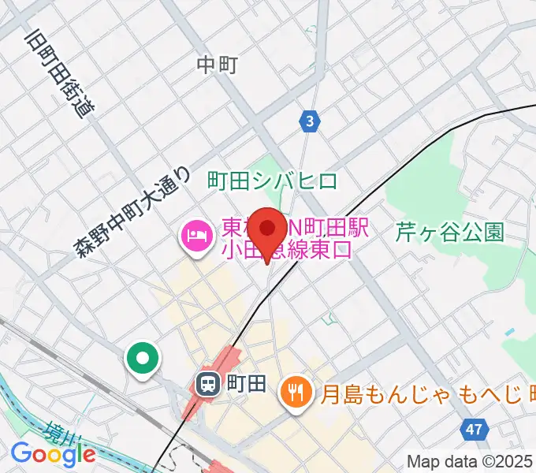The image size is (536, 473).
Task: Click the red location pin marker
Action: pos(268,229)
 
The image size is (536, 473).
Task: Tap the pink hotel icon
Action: pos(195,235)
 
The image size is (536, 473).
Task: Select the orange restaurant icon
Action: pos(296,392)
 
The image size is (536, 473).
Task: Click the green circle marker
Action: pos(143,359)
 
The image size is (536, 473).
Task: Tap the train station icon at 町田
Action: pos(207,384)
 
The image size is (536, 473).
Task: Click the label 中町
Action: pos(217,65)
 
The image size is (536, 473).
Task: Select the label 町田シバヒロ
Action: pos(272,181)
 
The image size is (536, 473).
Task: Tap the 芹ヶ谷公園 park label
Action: pos(449,231)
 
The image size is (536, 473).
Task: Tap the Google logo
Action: pos(53,453)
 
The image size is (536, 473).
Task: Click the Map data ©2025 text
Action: pos(471,462)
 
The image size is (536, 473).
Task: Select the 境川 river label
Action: pos(57,434)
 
